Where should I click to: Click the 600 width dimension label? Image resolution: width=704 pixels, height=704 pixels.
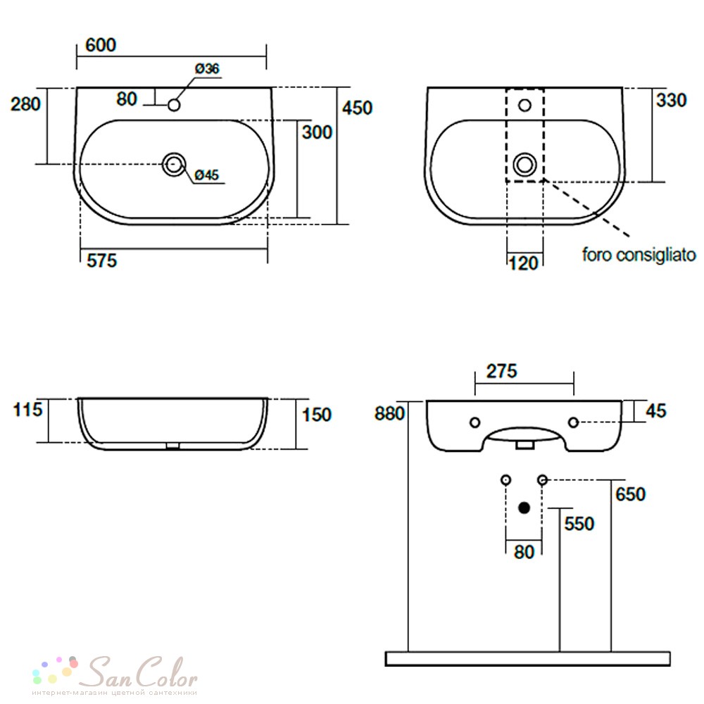pyautogui.click(x=101, y=45)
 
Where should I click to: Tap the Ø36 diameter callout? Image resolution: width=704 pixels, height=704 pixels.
pyautogui.click(x=207, y=69)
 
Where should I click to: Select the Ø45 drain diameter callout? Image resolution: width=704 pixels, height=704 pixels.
pyautogui.click(x=207, y=175)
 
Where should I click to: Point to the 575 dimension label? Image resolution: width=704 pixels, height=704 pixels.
pyautogui.click(x=101, y=260)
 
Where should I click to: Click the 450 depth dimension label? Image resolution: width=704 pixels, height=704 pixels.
pyautogui.click(x=357, y=108)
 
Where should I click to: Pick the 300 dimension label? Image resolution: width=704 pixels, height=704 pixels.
pyautogui.click(x=317, y=132)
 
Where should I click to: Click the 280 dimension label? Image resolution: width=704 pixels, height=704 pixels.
pyautogui.click(x=25, y=104)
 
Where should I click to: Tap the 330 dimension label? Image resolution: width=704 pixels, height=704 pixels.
pyautogui.click(x=671, y=100)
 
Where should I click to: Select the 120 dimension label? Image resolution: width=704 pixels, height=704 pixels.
pyautogui.click(x=524, y=263)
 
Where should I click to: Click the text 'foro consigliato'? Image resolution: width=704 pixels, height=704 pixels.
pyautogui.click(x=639, y=255)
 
